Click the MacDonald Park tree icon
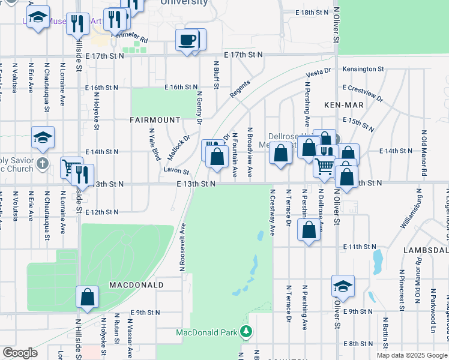pyautogui.click(x=246, y=332)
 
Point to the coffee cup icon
pyautogui.click(x=187, y=40)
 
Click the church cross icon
pyautogui.click(x=42, y=163)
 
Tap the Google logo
pyautogui.click(x=20, y=353)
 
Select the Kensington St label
pyautogui.click(x=363, y=70)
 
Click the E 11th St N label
pyautogui.click(x=359, y=247)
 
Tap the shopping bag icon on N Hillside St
pyautogui.click(x=87, y=296)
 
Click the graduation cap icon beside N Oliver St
pyautogui.click(x=343, y=286)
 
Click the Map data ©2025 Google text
pyautogui.click(x=411, y=355)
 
